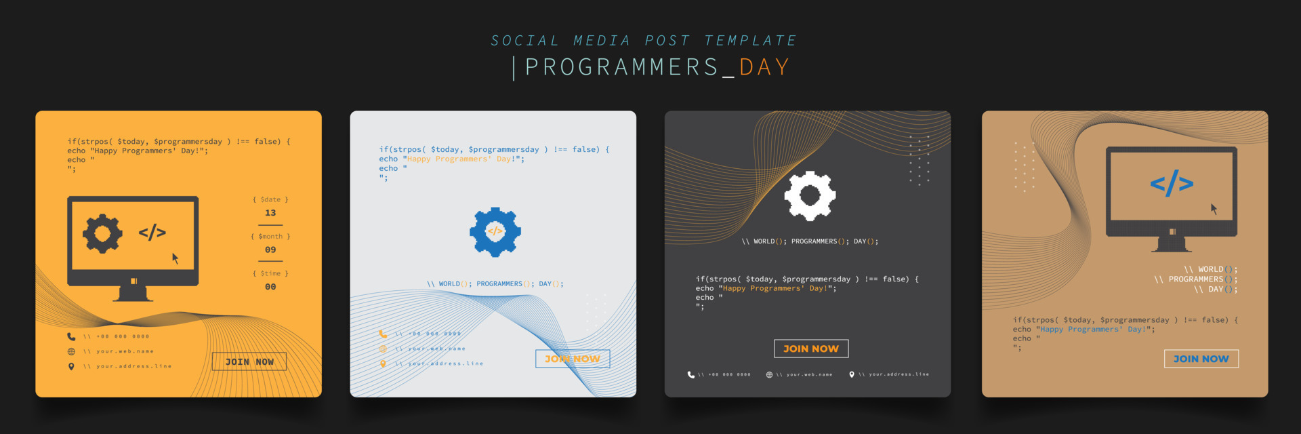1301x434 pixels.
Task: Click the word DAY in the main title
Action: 764,67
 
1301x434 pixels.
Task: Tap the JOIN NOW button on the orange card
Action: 249,361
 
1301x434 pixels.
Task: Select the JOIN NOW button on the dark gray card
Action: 811,349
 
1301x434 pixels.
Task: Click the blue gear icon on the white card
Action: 495,232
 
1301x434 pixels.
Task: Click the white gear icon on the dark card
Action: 810,196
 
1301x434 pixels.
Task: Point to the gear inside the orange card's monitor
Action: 102,234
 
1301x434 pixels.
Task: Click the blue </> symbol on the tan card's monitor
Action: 1172,183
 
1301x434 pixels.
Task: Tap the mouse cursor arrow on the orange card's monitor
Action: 175,258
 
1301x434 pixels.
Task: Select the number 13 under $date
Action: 270,213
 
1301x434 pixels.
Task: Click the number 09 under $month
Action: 270,250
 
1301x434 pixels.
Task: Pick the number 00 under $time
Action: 270,287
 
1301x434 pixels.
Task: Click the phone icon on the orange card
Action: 71,336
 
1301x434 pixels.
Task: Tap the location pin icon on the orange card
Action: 71,366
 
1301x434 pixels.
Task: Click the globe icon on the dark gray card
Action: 769,374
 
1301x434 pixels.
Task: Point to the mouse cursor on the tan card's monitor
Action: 1214,209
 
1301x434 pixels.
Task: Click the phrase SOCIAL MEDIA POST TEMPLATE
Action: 644,41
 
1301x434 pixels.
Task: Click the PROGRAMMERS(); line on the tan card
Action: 1196,279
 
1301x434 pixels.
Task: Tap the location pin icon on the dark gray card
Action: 852,374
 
